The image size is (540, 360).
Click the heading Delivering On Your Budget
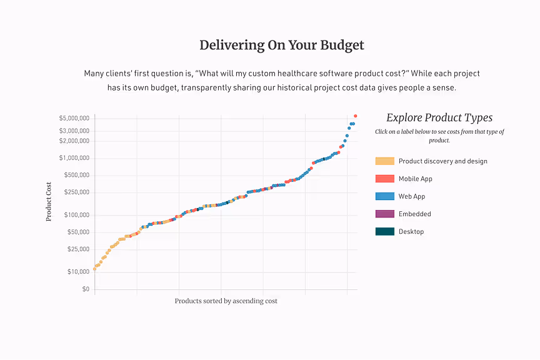point(281,45)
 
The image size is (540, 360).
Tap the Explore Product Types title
point(439,117)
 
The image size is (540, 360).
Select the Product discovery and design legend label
point(442,161)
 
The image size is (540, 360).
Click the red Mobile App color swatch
point(384,179)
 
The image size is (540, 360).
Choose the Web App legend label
point(411,196)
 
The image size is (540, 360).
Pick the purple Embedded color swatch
point(384,214)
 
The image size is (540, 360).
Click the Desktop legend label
point(411,232)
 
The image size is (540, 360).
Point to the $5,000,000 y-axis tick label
point(74,118)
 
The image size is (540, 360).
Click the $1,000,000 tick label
point(74,158)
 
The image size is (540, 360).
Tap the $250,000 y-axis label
point(76,192)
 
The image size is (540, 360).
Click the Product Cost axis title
point(49,201)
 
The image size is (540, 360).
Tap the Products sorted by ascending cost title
point(226,301)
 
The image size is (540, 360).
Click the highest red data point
point(356,116)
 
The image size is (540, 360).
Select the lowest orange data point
point(94,269)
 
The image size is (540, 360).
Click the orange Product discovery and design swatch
point(384,161)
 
